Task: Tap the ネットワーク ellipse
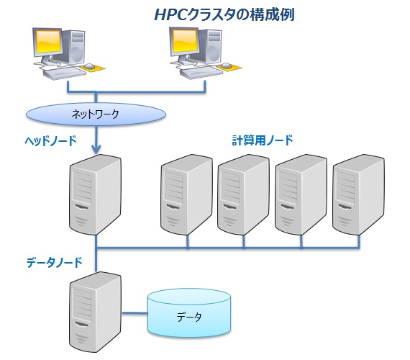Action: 95,114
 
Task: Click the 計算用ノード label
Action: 262,140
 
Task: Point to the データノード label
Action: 51,263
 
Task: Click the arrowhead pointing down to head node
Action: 96,150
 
